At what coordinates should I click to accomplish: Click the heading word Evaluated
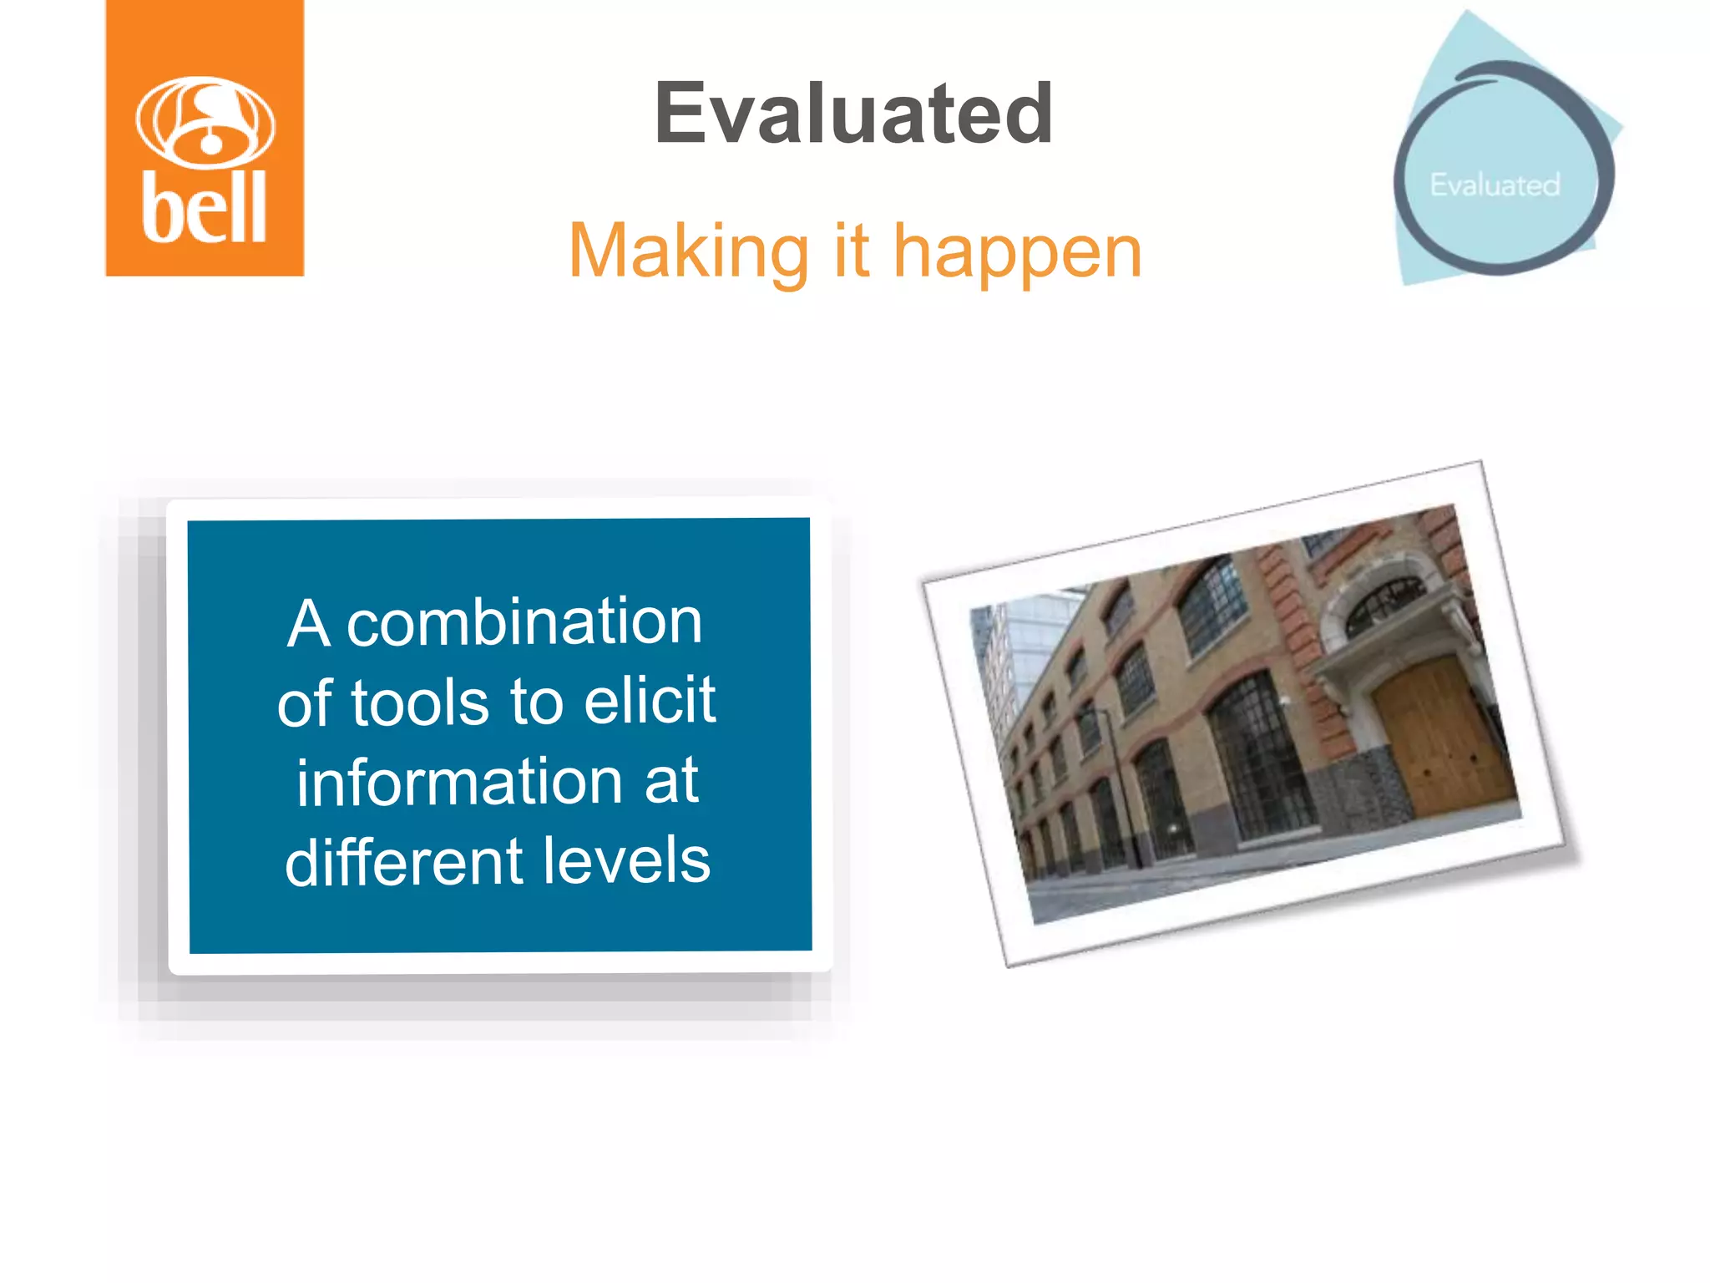[852, 114]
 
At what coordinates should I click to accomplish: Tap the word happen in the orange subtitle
[1017, 253]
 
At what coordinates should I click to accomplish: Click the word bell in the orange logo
[204, 208]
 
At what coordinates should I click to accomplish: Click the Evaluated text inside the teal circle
[1495, 185]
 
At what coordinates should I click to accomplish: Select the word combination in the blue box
[524, 623]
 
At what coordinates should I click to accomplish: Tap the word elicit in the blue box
[650, 700]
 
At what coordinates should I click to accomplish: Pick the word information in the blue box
[459, 783]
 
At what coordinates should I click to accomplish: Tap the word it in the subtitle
[851, 251]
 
